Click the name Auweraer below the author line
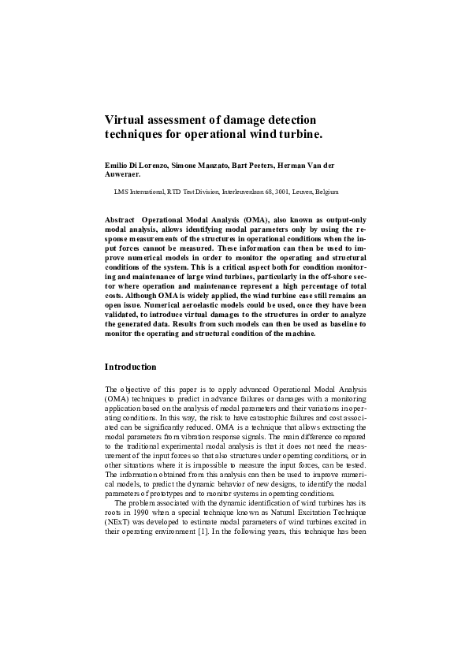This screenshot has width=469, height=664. click(x=124, y=176)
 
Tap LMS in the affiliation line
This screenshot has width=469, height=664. click(x=122, y=191)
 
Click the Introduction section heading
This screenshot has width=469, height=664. click(x=131, y=367)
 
